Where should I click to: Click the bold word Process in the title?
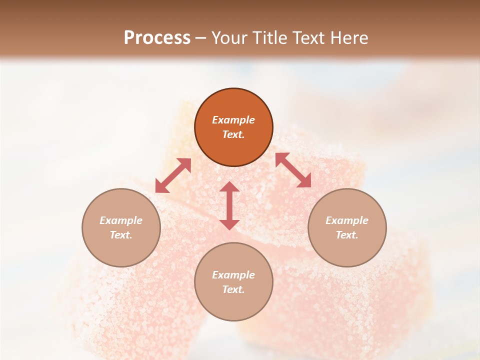157,38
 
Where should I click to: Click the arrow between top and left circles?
173,175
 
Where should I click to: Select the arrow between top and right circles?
293,170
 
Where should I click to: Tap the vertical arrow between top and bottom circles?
229,205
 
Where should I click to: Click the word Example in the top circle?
233,120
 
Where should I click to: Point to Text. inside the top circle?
233,134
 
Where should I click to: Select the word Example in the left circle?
121,220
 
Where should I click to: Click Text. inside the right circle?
347,235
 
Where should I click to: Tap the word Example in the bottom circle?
233,275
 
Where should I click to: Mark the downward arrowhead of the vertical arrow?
229,224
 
